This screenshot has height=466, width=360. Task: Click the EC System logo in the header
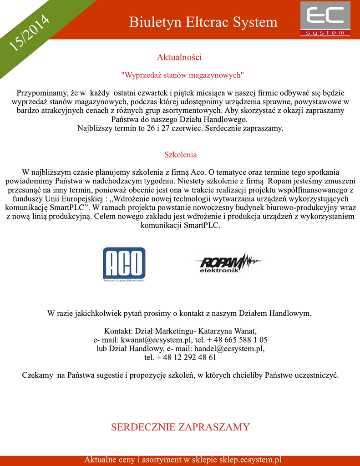coord(325,19)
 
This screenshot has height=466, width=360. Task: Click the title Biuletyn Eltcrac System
coord(203,22)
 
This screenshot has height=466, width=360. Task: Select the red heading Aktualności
coord(179,57)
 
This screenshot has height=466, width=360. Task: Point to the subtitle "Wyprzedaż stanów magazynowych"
coord(183,74)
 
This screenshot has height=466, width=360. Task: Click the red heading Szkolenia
coord(180,155)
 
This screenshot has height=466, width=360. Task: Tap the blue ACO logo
coord(124,264)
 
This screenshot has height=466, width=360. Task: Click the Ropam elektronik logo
coord(228,263)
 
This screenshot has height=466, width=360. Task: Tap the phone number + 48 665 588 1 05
coord(237,339)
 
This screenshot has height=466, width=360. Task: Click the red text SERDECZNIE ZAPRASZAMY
coord(180,427)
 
